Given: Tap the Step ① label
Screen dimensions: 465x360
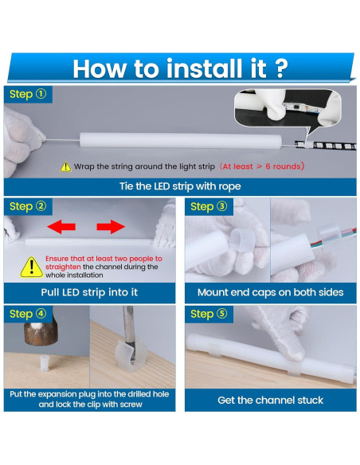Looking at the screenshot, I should [28, 95].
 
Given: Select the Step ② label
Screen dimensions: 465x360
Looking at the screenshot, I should [28, 206].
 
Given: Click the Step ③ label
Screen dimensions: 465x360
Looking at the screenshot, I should [209, 206].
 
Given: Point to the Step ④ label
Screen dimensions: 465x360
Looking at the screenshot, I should [28, 314].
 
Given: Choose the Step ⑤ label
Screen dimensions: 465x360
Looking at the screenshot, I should [209, 314].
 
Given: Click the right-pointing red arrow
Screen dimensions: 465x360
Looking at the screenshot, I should [112, 227].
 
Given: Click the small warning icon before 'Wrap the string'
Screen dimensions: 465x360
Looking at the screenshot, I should [65, 167].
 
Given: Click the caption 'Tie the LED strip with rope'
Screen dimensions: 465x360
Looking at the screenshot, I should [180, 186].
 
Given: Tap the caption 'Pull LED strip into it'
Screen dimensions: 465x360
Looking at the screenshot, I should [89, 292].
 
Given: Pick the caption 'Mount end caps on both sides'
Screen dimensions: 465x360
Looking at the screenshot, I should [270, 292].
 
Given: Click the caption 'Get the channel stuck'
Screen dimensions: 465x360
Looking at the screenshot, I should [270, 398].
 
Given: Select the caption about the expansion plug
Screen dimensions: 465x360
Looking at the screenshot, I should [89, 399].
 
